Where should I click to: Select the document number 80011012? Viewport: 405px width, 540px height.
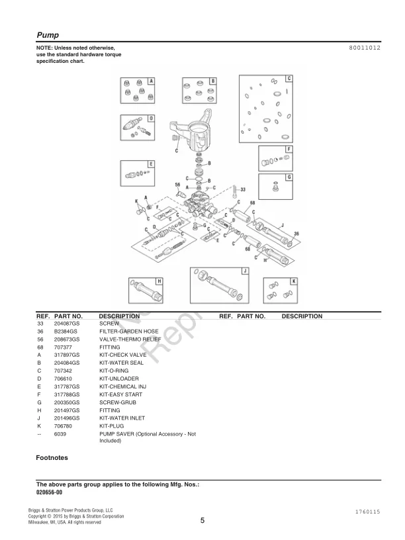click(364, 49)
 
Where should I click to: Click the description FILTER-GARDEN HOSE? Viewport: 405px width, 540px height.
click(129, 331)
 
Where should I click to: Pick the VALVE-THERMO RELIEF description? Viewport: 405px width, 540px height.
click(131, 339)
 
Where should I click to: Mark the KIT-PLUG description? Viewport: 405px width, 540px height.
click(112, 426)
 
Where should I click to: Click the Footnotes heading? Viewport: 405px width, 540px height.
click(52, 457)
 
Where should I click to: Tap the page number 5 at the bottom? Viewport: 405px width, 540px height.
click(202, 520)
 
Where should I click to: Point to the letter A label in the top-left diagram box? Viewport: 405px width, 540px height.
click(151, 81)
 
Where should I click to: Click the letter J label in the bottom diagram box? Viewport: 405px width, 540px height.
click(245, 271)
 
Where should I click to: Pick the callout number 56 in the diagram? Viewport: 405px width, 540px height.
click(177, 184)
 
